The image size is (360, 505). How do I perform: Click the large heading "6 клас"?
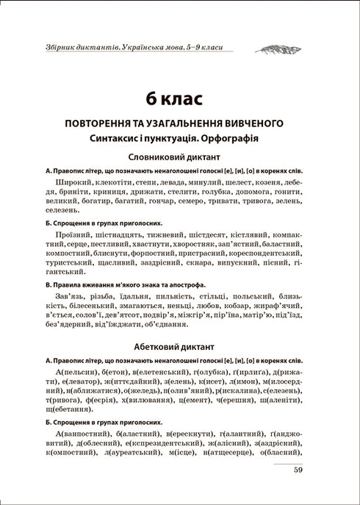tap(180, 99)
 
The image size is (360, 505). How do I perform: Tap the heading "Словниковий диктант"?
tap(180, 157)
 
